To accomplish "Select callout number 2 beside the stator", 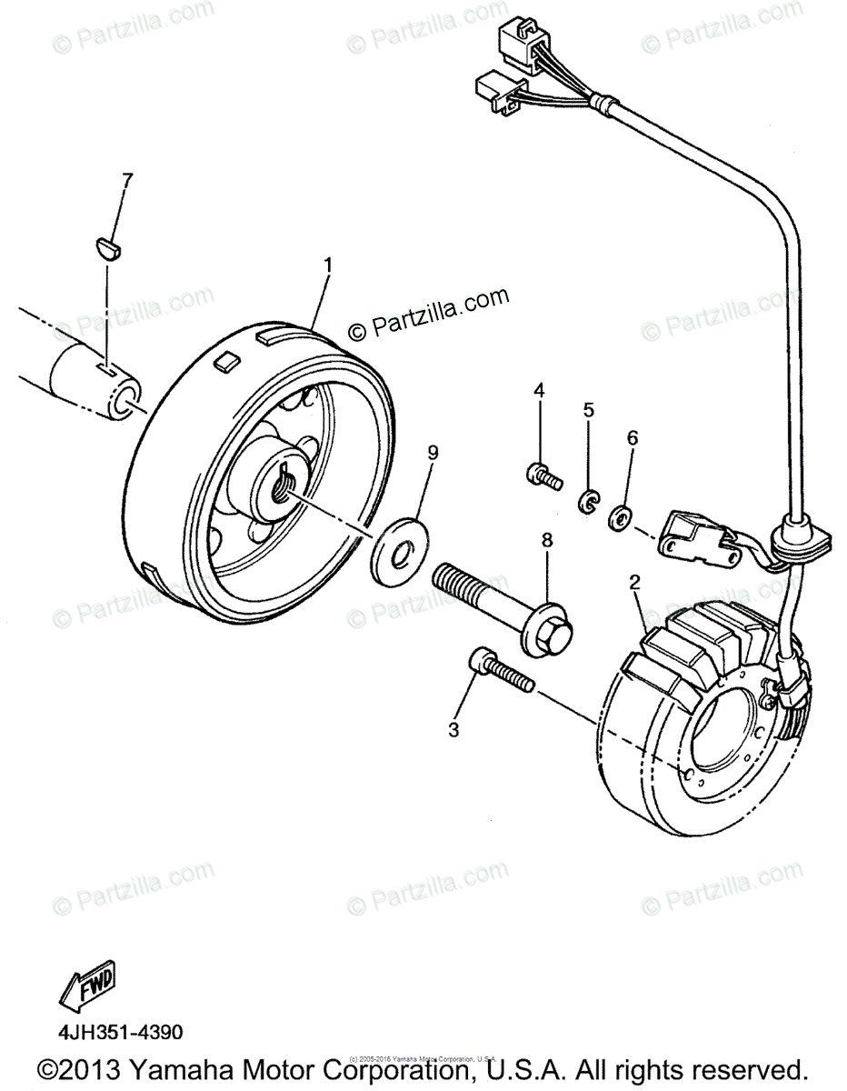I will [635, 582].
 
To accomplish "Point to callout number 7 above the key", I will [126, 179].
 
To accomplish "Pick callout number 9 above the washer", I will [433, 452].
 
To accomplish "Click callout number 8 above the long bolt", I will [547, 540].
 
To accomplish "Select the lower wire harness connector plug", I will [495, 91].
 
